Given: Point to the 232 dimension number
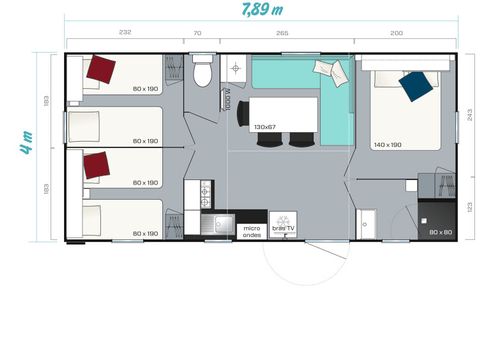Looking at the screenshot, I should pos(124,32).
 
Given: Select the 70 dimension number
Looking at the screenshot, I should pos(198,32).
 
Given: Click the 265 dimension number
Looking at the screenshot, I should pos(283,32).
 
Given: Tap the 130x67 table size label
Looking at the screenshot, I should pos(264,126).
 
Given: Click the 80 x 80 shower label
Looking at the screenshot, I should pos(440,232).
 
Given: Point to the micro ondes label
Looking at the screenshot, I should pos(252,231).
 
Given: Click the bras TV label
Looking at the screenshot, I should pos(284,228).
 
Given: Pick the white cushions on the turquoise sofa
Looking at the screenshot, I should pos(327,70).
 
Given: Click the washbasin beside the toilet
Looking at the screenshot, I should pos(236,69).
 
